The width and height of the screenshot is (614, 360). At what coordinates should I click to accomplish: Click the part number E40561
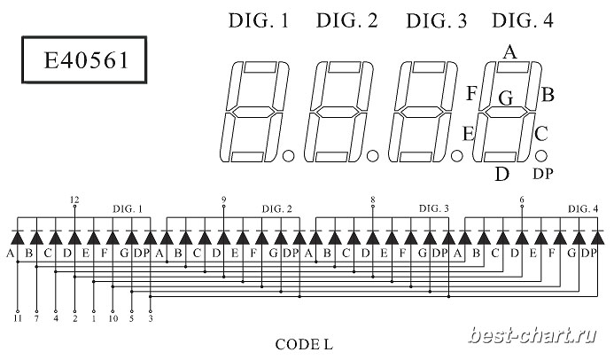pos(86,60)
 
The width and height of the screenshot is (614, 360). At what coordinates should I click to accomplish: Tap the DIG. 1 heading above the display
pos(259,20)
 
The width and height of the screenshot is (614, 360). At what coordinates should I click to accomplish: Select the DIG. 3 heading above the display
pos(437,20)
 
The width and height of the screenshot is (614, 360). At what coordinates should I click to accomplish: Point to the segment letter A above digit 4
pos(509,51)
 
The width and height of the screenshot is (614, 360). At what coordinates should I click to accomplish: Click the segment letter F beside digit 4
pos(471,94)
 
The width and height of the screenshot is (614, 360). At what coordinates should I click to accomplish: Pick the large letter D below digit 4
pos(501,174)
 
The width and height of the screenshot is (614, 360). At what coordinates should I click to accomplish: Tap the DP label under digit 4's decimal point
pos(543,174)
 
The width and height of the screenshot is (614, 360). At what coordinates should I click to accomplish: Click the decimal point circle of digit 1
pos(288,156)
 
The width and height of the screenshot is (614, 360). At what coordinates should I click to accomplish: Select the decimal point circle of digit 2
pos(372,156)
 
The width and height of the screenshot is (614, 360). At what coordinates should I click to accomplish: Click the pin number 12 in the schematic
pos(74,200)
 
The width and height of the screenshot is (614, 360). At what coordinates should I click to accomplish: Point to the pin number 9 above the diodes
pos(223,200)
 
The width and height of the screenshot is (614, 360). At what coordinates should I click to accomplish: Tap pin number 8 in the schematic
pos(373,200)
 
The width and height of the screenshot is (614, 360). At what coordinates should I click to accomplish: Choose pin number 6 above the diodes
pos(522,200)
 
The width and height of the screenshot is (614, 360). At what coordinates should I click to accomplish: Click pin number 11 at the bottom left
pos(18,318)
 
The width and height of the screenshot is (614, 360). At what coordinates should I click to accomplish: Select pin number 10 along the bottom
pos(113,318)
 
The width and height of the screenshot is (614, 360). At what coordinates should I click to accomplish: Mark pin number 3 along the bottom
pos(151,318)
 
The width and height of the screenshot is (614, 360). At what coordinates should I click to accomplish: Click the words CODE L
pos(304,345)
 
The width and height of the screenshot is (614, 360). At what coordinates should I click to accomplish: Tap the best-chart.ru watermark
pos(532,336)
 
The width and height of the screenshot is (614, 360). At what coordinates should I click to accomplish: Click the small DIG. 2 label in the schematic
pos(276,208)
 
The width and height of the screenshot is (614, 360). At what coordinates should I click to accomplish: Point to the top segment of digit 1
pos(260,67)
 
